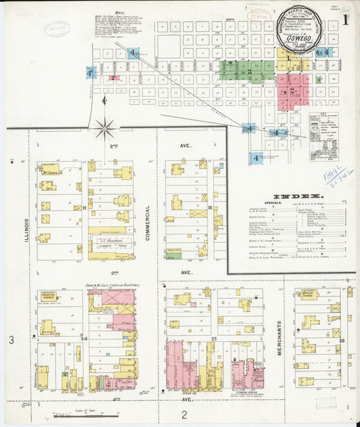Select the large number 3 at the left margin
(11, 341)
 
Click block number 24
(84, 337)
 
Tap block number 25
(213, 337)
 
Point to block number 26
(342, 340)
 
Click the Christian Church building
(48, 297)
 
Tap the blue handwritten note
(340, 177)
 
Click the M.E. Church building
(49, 169)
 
